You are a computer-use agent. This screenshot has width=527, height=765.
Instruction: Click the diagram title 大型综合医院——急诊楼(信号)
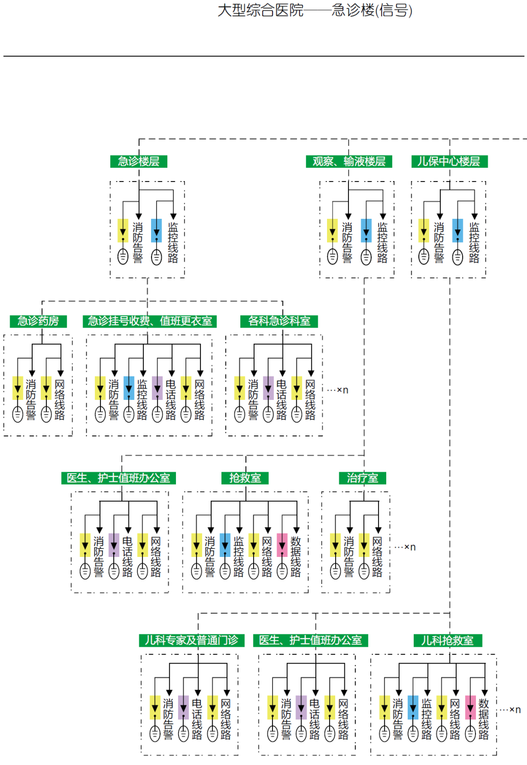[315, 10]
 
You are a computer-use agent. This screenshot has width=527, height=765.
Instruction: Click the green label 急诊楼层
[139, 162]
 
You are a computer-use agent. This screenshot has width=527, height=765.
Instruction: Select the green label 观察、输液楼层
[349, 162]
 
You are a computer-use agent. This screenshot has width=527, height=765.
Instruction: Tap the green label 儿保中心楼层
[449, 162]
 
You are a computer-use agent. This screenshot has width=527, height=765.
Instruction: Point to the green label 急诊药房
[38, 321]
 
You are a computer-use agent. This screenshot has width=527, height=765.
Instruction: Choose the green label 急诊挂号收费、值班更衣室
[150, 321]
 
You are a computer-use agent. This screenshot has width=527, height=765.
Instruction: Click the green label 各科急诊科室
[279, 321]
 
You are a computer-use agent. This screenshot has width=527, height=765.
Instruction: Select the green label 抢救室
[245, 478]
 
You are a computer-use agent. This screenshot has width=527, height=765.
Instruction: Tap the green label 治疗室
[363, 478]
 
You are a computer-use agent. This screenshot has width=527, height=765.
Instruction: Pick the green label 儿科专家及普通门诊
[192, 640]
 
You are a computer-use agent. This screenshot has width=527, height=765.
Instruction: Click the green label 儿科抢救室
[447, 640]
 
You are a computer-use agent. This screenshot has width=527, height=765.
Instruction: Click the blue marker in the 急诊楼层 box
[157, 231]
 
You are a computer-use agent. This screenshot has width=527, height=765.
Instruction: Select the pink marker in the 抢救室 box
[282, 545]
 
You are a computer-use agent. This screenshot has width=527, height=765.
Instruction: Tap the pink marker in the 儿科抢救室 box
[470, 707]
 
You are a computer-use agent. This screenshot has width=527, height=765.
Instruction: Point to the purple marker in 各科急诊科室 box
[268, 388]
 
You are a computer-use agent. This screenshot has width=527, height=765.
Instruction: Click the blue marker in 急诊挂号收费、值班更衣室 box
[129, 388]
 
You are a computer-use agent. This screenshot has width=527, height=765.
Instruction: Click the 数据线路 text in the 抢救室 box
[295, 556]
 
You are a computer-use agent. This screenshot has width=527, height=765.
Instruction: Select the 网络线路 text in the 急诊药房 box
[60, 399]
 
